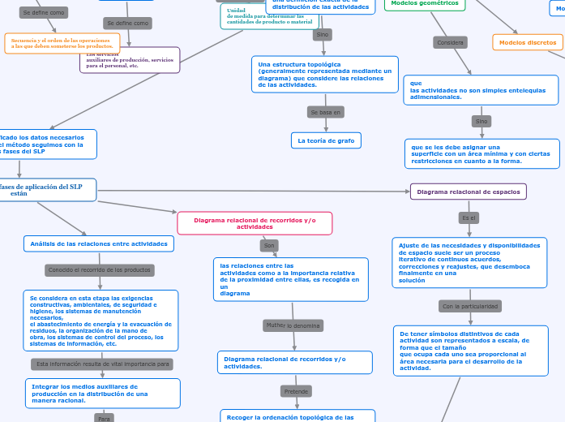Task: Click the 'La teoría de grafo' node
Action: tap(326, 140)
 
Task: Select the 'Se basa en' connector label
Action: tap(326, 111)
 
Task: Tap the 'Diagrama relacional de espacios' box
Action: tap(469, 192)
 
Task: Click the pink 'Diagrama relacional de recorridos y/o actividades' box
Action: tap(255, 223)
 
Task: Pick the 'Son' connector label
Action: tap(270, 245)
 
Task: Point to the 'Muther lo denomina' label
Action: tap(293, 325)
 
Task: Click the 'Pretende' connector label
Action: tap(296, 391)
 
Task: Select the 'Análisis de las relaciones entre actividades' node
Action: tap(99, 243)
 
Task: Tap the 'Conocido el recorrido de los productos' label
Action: tap(100, 269)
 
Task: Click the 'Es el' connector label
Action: tap(469, 217)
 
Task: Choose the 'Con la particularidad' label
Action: tap(470, 306)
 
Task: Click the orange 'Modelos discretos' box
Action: tap(527, 42)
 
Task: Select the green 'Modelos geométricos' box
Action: tap(424, 4)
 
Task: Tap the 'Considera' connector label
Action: tap(450, 42)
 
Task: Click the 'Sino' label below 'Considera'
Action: tap(482, 121)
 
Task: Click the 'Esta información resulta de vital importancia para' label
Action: tap(102, 364)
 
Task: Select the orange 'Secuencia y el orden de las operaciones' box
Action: tap(62, 43)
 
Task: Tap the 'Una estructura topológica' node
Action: tap(324, 74)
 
